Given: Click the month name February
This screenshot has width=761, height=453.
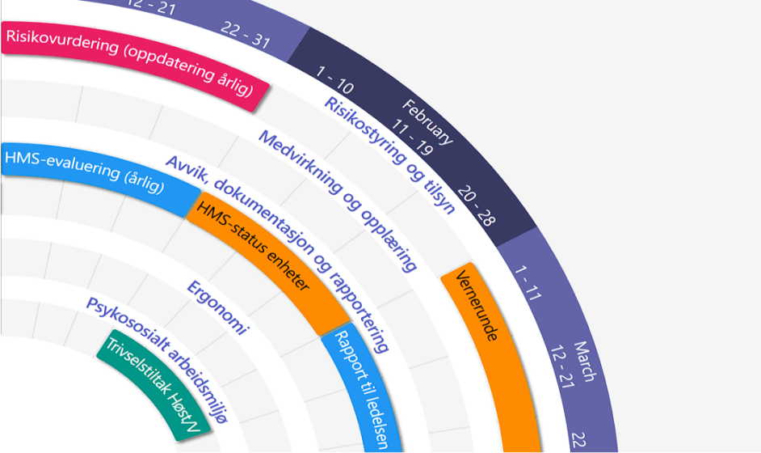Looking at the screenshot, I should click(x=429, y=121).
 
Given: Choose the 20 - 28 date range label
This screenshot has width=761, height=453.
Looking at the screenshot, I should click(x=476, y=206).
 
